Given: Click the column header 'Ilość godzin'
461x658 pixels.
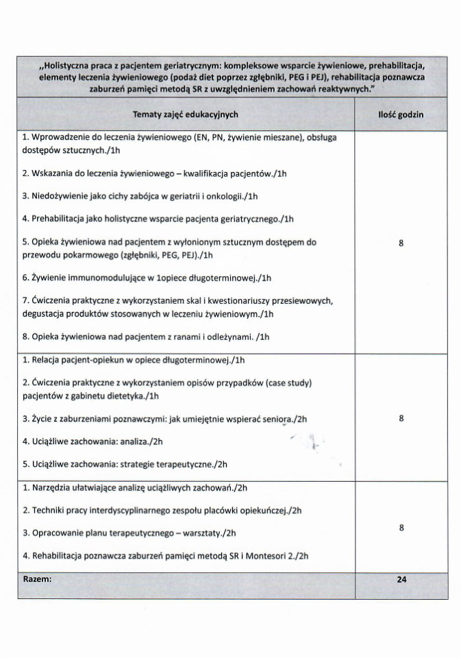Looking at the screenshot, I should coord(401,114).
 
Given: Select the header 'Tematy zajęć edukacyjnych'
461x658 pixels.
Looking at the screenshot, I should coord(186,114).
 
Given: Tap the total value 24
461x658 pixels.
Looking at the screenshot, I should coord(401,579).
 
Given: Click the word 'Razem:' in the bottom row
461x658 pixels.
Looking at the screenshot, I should coord(37,579).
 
